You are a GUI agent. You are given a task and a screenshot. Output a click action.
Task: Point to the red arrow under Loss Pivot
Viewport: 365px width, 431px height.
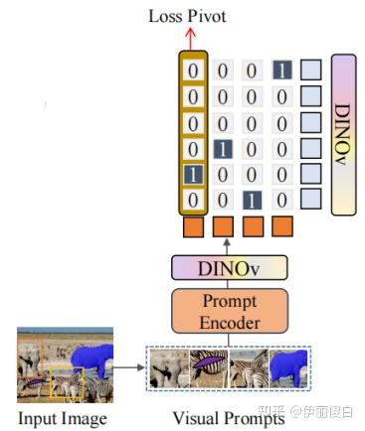(190, 37)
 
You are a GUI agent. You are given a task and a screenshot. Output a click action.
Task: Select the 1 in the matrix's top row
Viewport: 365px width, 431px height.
(281, 71)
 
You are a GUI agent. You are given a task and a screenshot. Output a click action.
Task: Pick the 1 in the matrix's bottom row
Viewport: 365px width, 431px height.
(252, 200)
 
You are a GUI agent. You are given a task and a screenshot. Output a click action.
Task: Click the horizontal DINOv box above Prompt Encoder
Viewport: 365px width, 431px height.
(229, 267)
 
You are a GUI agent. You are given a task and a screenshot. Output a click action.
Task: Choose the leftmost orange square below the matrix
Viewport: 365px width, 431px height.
(192, 226)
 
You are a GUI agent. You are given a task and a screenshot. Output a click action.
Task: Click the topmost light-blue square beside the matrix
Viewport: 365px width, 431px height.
(312, 71)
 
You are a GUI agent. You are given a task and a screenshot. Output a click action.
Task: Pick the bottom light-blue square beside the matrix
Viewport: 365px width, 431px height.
(312, 200)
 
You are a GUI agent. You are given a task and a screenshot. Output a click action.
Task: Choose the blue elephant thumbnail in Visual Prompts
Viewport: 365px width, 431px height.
(287, 366)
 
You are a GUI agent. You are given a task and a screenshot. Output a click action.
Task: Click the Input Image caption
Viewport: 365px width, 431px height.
(62, 418)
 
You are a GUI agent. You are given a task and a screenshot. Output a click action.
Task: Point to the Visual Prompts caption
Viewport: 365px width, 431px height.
(228, 418)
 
